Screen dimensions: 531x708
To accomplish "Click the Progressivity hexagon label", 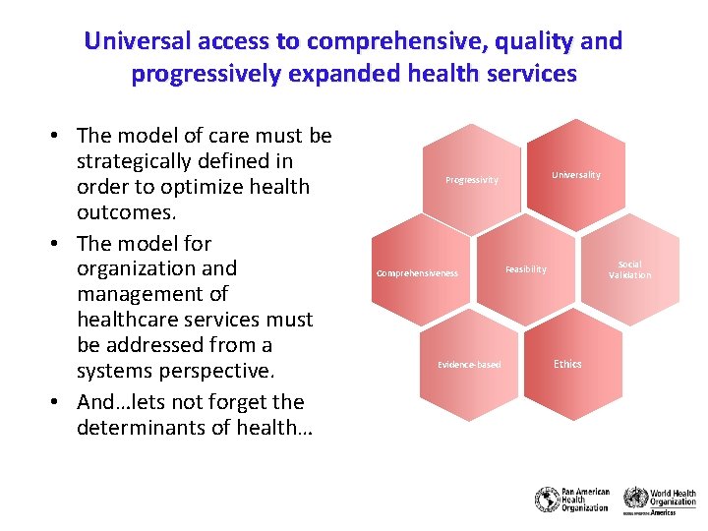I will [x=472, y=180].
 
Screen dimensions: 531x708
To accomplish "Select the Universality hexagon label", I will [x=575, y=175].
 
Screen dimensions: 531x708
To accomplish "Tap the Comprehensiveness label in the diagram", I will [x=417, y=273].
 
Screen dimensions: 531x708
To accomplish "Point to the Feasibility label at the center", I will [x=526, y=269].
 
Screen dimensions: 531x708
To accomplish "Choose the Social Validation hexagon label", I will [x=629, y=270].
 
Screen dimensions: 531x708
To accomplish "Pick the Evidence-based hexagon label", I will [x=469, y=365].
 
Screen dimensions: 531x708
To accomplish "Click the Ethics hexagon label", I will [x=567, y=364].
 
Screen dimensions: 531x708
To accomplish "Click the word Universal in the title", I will [x=131, y=41].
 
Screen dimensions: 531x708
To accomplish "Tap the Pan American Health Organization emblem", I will [x=547, y=499].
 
